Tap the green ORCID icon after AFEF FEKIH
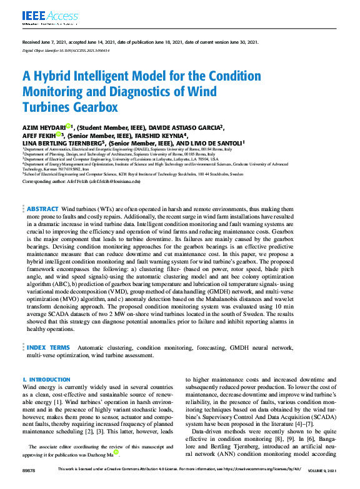click(57, 134)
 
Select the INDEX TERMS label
click(49, 347)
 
